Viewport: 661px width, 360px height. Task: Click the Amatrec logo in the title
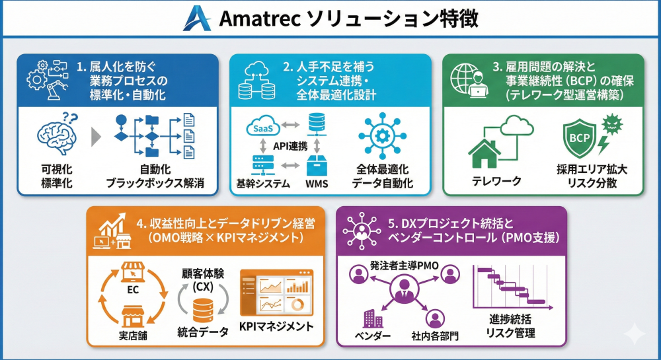coord(198,18)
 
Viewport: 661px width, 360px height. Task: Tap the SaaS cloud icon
coord(262,128)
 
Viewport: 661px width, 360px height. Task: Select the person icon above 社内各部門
coord(435,318)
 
